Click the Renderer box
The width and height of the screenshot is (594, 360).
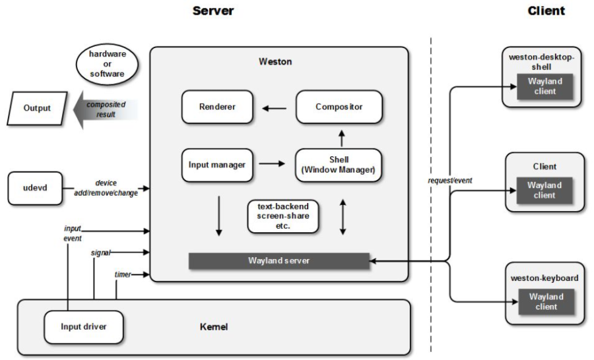point(217,107)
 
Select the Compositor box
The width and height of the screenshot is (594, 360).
point(339,107)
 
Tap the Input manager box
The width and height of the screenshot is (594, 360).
point(217,165)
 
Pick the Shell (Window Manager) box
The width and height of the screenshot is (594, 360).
point(339,165)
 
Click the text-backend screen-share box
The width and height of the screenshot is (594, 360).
point(283,216)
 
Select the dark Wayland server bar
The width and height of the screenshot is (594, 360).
point(279,261)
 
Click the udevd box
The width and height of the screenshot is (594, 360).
point(35,188)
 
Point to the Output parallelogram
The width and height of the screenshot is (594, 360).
point(37,108)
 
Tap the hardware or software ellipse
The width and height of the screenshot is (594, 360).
point(107,64)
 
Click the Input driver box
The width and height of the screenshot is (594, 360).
point(84,326)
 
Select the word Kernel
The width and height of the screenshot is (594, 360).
point(214,326)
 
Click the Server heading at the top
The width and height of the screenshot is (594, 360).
point(213,11)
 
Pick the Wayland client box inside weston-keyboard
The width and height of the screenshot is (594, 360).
point(546,302)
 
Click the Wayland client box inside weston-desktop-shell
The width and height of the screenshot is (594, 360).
point(544,86)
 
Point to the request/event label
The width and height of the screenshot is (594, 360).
point(450,181)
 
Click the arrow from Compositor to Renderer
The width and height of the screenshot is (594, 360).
point(275,109)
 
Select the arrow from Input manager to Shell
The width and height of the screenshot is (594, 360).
point(272,164)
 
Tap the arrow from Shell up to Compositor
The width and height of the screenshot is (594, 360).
point(342,138)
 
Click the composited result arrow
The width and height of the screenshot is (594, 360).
point(106,109)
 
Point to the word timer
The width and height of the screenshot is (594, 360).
point(123,274)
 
